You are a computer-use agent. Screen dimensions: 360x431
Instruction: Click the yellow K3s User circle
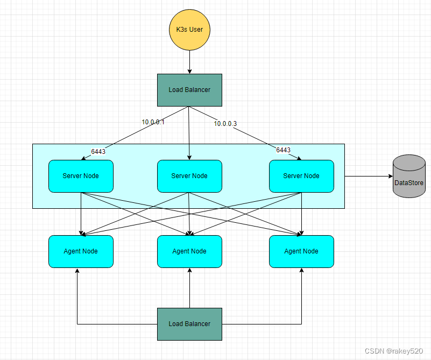point(189,29)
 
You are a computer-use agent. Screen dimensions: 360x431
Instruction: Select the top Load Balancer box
point(189,90)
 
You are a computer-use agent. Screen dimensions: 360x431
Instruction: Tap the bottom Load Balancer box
point(189,324)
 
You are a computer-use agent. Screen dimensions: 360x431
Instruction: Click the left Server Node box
point(81,176)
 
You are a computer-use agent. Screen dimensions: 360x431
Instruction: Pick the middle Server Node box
point(189,176)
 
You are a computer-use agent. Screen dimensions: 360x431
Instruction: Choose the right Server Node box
point(301,176)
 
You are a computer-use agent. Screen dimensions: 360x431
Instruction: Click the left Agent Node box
point(81,251)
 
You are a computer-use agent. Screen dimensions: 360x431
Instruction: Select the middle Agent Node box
point(189,251)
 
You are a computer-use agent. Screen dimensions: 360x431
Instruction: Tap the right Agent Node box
point(301,251)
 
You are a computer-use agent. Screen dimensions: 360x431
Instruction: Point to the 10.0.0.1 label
point(153,122)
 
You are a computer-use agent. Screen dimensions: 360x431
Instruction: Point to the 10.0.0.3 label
point(225,124)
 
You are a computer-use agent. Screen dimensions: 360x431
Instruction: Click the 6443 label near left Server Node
point(98,152)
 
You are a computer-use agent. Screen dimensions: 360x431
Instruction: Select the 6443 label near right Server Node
point(283,150)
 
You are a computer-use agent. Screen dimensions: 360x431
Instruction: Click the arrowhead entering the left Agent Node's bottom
point(77,271)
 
